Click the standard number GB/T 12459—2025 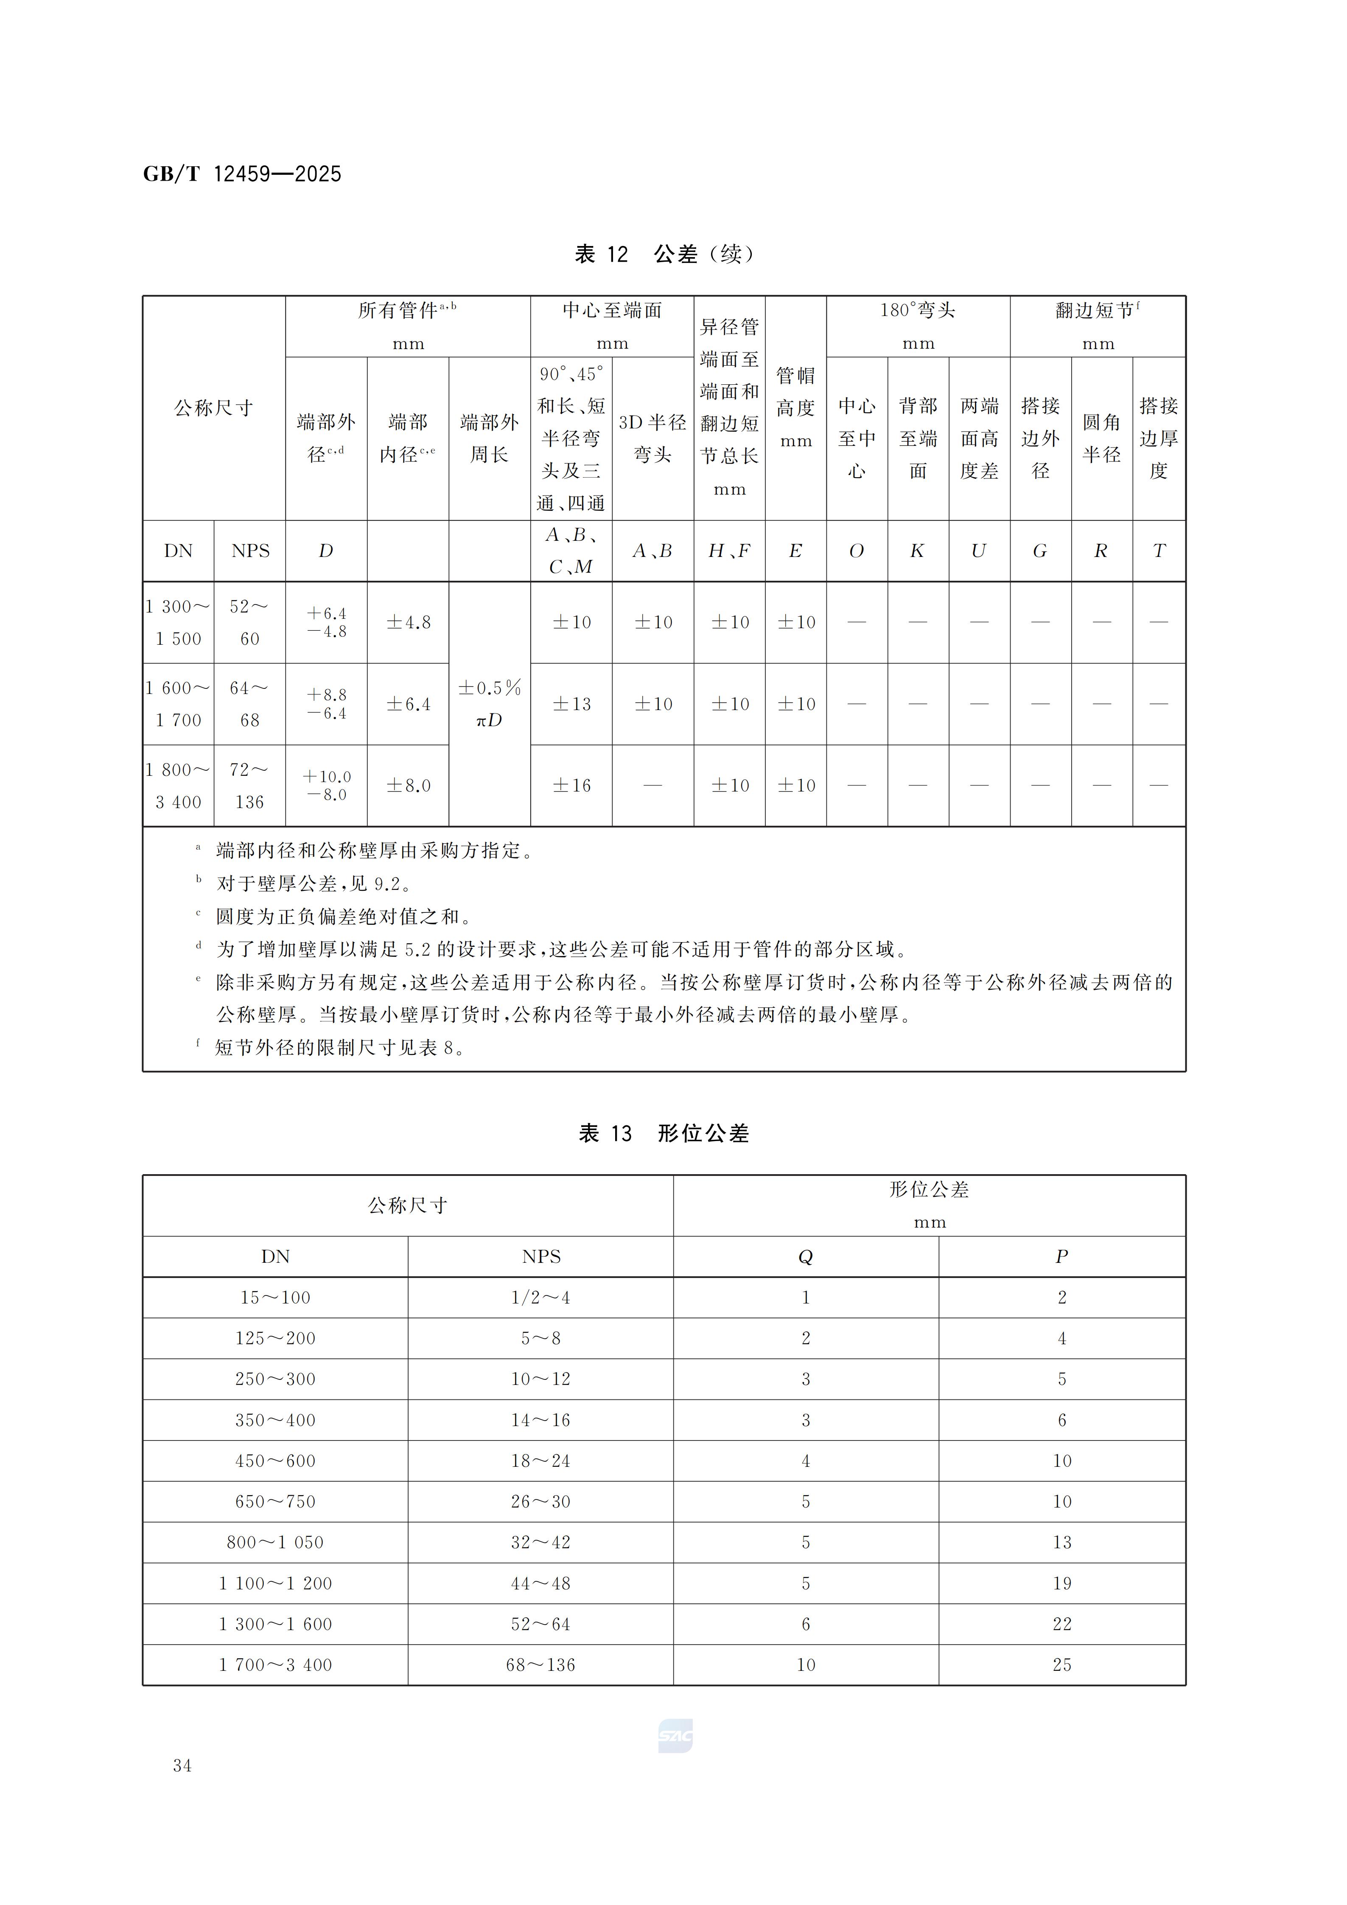coord(241,174)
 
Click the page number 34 coord(182,1765)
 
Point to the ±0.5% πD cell coord(490,704)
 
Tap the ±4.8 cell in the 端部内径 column coord(408,622)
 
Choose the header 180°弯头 coord(918,311)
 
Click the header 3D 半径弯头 coord(653,438)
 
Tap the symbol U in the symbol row coord(979,551)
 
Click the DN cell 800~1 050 coord(275,1542)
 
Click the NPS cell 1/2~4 coord(540,1298)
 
